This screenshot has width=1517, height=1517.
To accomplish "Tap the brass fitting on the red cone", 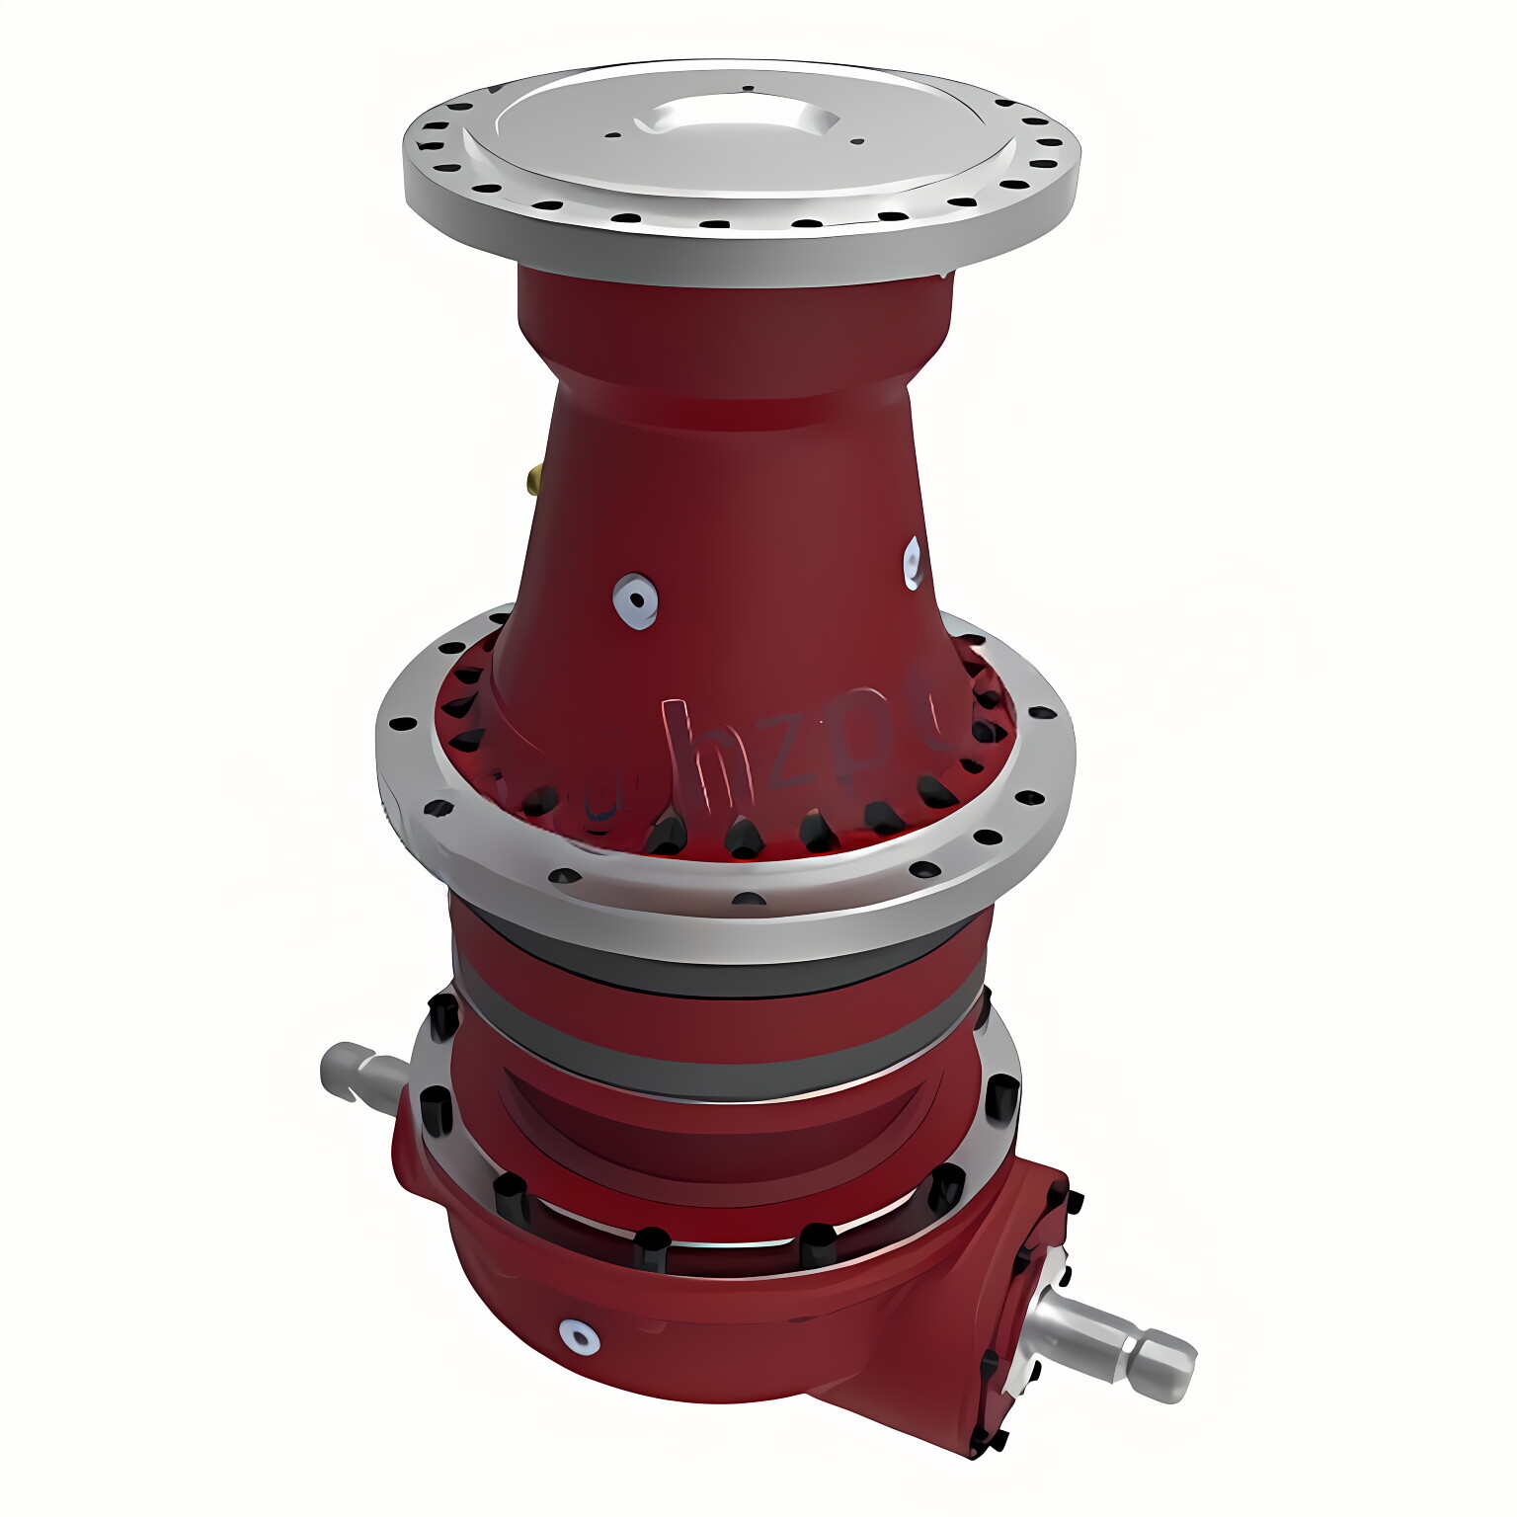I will [x=534, y=481].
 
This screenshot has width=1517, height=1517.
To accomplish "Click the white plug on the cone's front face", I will [x=635, y=599].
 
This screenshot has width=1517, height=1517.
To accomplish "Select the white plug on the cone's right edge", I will [x=914, y=563].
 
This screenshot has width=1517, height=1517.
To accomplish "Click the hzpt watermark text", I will [x=780, y=751].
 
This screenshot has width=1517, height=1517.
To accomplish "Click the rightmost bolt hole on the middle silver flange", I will [x=1041, y=712].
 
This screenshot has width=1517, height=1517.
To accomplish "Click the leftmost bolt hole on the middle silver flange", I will [x=402, y=724].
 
